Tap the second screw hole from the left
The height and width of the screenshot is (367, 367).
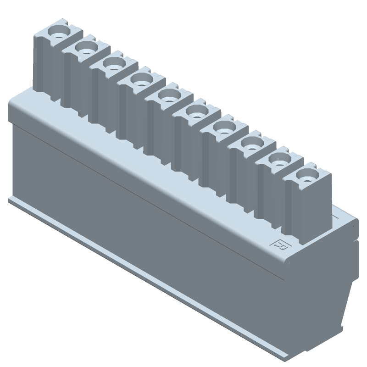(86, 48)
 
